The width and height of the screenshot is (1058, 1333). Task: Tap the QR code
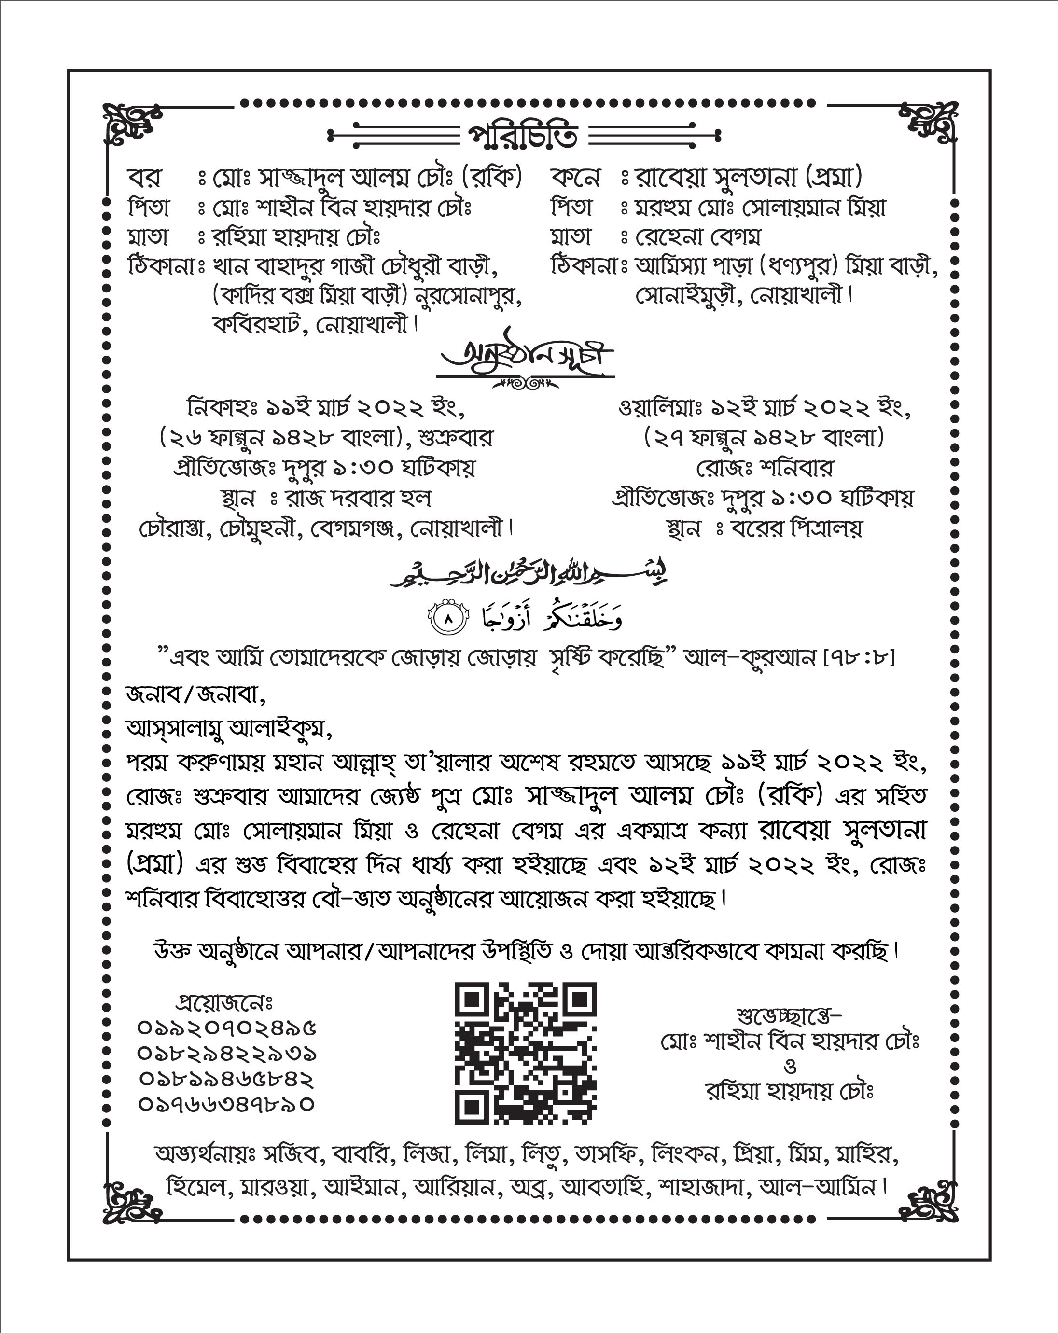pyautogui.click(x=525, y=1053)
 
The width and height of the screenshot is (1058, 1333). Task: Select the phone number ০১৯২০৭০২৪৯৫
pyautogui.click(x=226, y=1028)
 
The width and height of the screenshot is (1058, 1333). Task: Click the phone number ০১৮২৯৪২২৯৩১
pyautogui.click(x=226, y=1054)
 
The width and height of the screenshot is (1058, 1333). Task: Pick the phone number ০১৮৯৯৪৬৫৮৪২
pyautogui.click(x=226, y=1079)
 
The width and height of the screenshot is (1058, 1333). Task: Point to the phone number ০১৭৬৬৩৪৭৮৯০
pyautogui.click(x=226, y=1104)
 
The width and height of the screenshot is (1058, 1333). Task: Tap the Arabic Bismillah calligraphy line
pyautogui.click(x=529, y=574)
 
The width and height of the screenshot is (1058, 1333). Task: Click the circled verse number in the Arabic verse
pyautogui.click(x=449, y=618)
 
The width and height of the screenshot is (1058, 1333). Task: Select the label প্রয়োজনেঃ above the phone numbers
pyautogui.click(x=224, y=1001)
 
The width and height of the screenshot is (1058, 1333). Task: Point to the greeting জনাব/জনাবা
pyautogui.click(x=195, y=695)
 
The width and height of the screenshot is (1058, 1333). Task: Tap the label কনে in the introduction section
pyautogui.click(x=575, y=178)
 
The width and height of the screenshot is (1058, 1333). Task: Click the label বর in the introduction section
pyautogui.click(x=145, y=178)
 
